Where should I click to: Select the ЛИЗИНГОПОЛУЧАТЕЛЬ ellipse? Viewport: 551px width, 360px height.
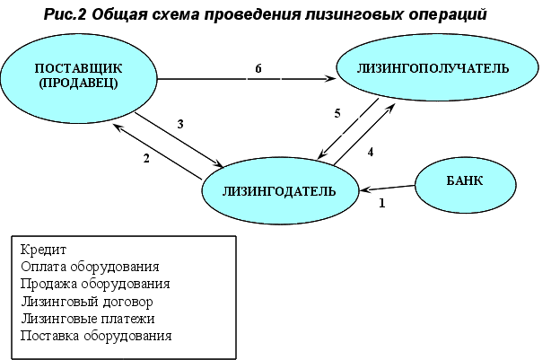[x=433, y=69]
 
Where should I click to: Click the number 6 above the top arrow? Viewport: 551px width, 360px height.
[x=258, y=68]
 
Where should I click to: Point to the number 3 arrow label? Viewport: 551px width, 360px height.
[x=180, y=125]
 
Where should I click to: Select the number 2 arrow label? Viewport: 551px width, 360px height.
[x=144, y=159]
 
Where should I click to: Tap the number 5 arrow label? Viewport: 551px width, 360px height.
[x=337, y=114]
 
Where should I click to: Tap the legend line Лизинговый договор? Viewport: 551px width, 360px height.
[x=85, y=301]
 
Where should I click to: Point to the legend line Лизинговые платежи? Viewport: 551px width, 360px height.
[x=86, y=318]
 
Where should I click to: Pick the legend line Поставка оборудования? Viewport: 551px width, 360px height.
[x=94, y=335]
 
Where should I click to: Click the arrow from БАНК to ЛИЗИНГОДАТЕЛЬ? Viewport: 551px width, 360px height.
[x=387, y=189]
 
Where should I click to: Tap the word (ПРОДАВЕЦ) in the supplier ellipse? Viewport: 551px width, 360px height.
[x=77, y=84]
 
